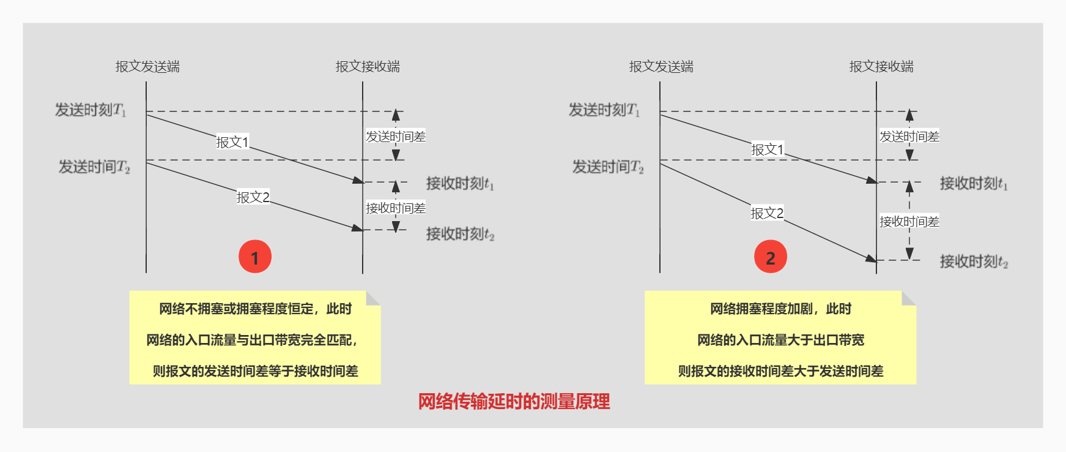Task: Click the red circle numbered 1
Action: click(x=255, y=257)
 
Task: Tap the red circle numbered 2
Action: click(x=771, y=257)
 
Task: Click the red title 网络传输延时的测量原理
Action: click(x=514, y=402)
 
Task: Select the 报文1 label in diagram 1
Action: click(x=232, y=142)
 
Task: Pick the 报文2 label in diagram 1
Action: click(x=253, y=197)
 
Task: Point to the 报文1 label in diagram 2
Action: click(x=767, y=149)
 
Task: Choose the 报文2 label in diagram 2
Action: click(x=767, y=213)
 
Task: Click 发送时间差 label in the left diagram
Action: click(x=396, y=137)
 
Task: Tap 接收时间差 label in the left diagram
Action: click(x=396, y=208)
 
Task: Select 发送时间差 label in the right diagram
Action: click(x=909, y=137)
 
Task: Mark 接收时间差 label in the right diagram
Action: click(x=909, y=222)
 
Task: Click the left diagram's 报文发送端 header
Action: click(x=147, y=67)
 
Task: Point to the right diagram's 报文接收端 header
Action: click(x=881, y=67)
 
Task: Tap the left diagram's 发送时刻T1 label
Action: click(x=91, y=110)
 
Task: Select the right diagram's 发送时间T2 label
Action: click(x=608, y=167)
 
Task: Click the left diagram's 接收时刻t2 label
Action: click(x=460, y=234)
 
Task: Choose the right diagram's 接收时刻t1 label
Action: click(x=974, y=183)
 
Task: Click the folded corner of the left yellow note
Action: click(x=373, y=298)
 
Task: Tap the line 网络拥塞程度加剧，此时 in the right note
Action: click(x=780, y=309)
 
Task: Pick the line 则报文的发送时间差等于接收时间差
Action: click(x=255, y=371)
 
